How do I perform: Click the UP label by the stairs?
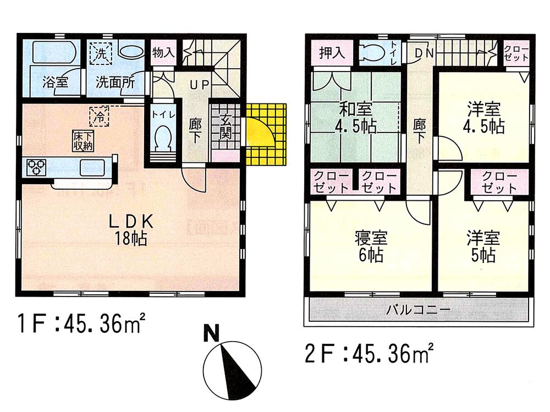click(x=196, y=85)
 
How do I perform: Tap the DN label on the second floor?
click(x=422, y=53)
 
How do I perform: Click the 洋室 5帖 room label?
click(x=483, y=246)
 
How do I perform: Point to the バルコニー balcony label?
click(x=418, y=309)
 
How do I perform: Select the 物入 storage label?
click(x=163, y=53)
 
